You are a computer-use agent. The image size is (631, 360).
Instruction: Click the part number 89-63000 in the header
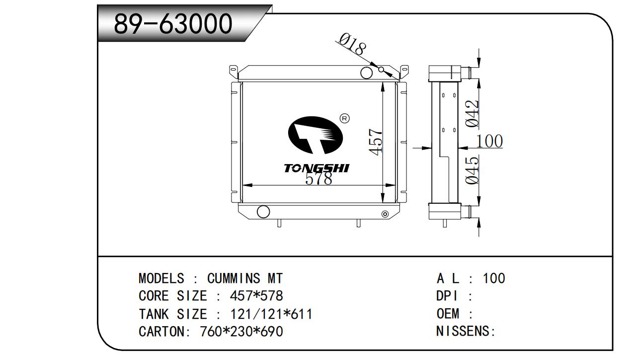point(173,24)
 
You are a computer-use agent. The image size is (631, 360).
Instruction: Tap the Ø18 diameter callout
point(353,44)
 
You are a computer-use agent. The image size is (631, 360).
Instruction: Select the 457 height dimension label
point(376,142)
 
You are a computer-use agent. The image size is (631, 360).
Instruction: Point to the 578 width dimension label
point(318,179)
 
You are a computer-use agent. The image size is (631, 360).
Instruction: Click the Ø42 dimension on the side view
point(472,114)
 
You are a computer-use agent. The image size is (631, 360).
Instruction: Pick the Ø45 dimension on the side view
point(472,170)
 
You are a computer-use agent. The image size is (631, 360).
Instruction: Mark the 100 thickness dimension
point(489,141)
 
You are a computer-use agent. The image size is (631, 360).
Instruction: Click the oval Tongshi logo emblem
point(315,135)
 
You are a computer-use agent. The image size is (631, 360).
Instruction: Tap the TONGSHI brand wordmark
point(316,168)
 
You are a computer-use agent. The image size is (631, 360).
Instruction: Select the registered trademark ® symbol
point(344,118)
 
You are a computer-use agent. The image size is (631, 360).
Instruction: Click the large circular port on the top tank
point(367,73)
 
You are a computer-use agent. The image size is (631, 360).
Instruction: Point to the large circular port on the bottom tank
point(263,211)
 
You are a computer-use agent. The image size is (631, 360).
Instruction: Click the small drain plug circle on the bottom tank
point(385,214)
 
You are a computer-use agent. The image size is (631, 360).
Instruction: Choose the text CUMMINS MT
point(245,278)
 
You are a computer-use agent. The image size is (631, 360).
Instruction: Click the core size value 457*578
point(256,296)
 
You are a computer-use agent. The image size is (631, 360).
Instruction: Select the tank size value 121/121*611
point(272,314)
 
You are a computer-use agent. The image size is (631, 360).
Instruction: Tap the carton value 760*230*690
point(241,332)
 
